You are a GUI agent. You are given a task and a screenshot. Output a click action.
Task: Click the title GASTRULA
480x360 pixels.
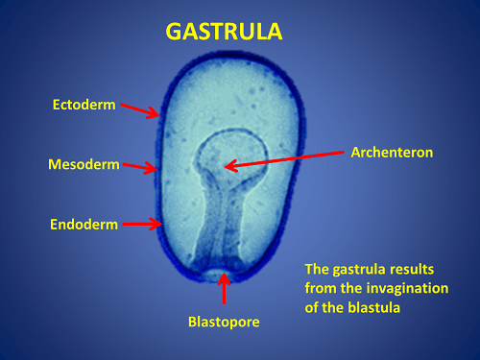pos(225,32)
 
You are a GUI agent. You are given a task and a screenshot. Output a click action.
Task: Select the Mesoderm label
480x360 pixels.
pos(84,164)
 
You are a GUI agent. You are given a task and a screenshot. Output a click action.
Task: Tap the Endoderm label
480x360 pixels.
pos(84,225)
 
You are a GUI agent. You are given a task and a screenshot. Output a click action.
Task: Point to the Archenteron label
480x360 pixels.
pos(393,152)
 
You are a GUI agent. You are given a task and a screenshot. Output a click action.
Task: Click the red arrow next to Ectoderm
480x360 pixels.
pos(140,110)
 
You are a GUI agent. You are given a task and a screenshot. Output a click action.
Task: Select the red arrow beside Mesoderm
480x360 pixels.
pos(140,167)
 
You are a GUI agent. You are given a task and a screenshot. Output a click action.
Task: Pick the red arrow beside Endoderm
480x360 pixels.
pos(141,225)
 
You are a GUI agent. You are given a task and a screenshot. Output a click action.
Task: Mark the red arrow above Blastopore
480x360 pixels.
pos(226,289)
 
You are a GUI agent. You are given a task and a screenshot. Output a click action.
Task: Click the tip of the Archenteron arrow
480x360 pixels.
pos(228,166)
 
